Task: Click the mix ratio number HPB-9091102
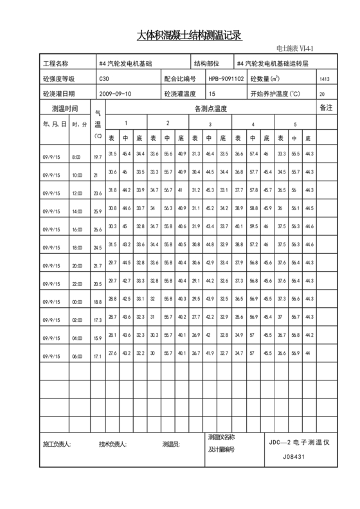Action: (x=226, y=79)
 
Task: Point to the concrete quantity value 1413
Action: (x=324, y=79)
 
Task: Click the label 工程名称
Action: (x=55, y=64)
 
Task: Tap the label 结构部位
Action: (x=206, y=64)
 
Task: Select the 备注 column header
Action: (x=326, y=109)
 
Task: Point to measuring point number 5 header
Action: (x=295, y=123)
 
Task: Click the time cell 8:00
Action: (x=77, y=157)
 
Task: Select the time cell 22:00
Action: (x=77, y=283)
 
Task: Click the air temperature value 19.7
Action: (x=98, y=157)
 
